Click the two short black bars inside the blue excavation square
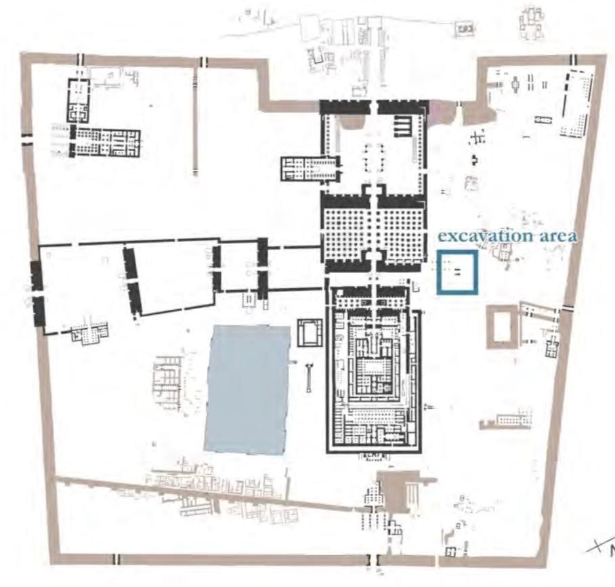pos(458,271)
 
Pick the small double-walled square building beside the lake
pos(310,333)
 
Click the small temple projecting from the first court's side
pos(310,169)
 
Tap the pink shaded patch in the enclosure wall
pos(442,112)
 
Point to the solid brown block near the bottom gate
pos(394,491)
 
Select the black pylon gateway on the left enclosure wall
pos(38,293)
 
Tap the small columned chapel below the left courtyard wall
pos(89,333)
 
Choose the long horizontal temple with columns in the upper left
pos(105,142)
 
